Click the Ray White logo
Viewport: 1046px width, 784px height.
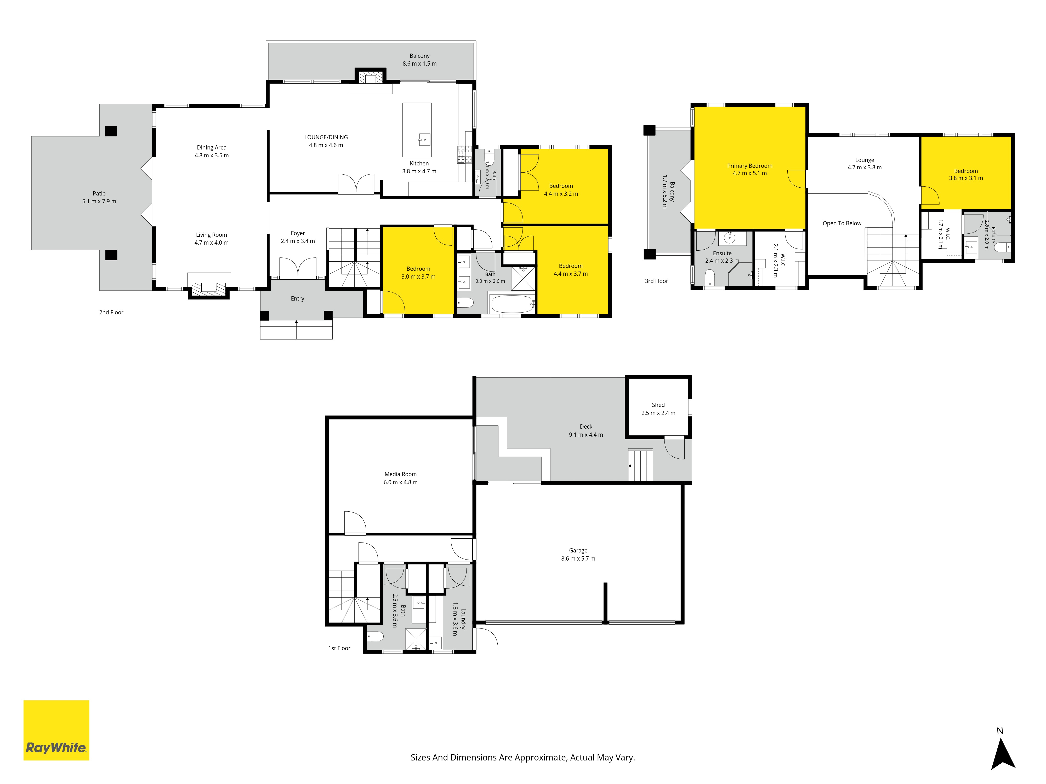[x=56, y=730]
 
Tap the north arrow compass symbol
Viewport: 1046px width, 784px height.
[x=1003, y=755]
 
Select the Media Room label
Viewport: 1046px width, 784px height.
[x=401, y=474]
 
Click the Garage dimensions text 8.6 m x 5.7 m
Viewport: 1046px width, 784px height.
[x=578, y=558]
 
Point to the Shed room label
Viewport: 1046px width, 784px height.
[x=658, y=405]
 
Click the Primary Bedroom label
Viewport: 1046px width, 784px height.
[x=749, y=166]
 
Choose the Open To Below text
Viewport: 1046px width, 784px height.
[x=842, y=223]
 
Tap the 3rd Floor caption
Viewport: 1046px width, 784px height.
[x=656, y=281]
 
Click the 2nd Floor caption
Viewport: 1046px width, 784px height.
[x=111, y=312]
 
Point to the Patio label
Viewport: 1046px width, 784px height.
[x=99, y=193]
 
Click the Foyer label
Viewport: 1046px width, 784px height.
[x=298, y=233]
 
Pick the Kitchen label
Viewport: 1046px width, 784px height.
[x=419, y=164]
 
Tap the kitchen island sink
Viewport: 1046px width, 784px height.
[x=424, y=139]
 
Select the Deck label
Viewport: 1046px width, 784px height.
[x=586, y=427]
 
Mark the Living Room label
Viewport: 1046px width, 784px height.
[x=211, y=235]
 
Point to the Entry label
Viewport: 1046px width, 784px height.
[x=297, y=299]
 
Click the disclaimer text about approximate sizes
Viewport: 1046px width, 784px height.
[x=522, y=758]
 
